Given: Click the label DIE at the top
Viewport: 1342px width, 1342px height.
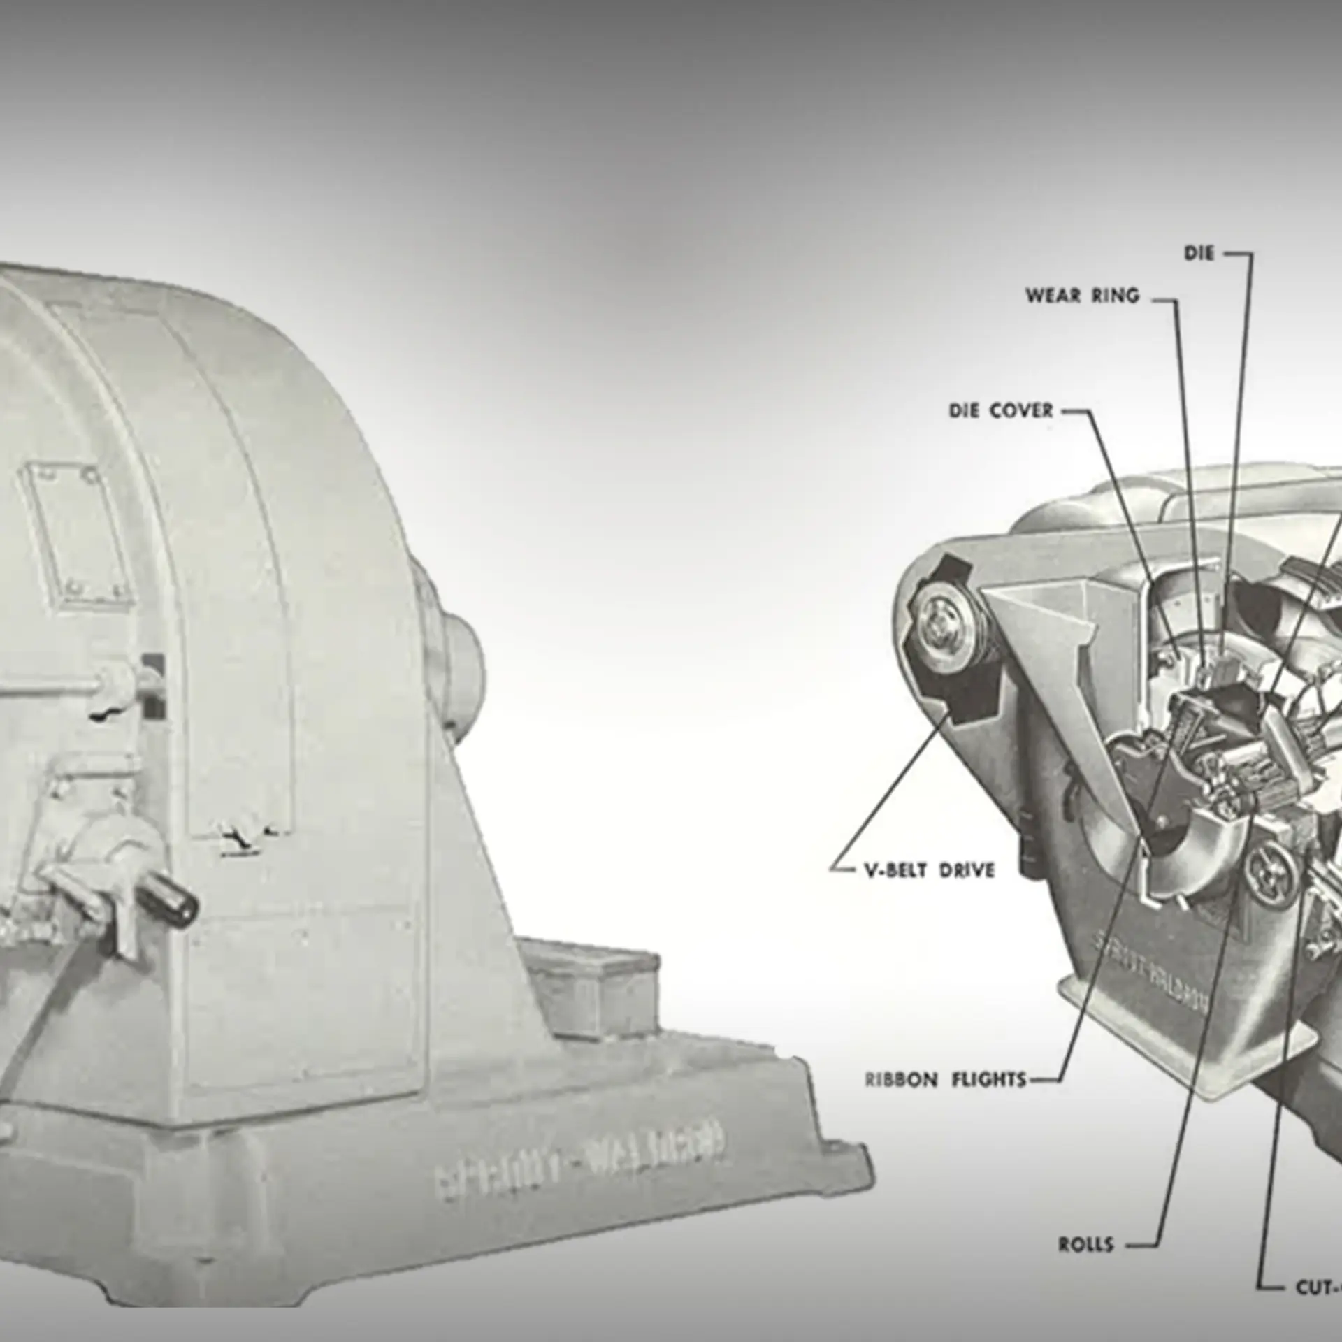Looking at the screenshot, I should tap(1199, 253).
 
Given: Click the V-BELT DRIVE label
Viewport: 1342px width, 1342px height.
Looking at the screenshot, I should tap(929, 871).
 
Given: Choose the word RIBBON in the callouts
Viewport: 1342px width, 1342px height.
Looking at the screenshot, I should tap(901, 1099).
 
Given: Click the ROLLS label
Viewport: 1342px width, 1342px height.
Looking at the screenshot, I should tap(1085, 1244).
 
